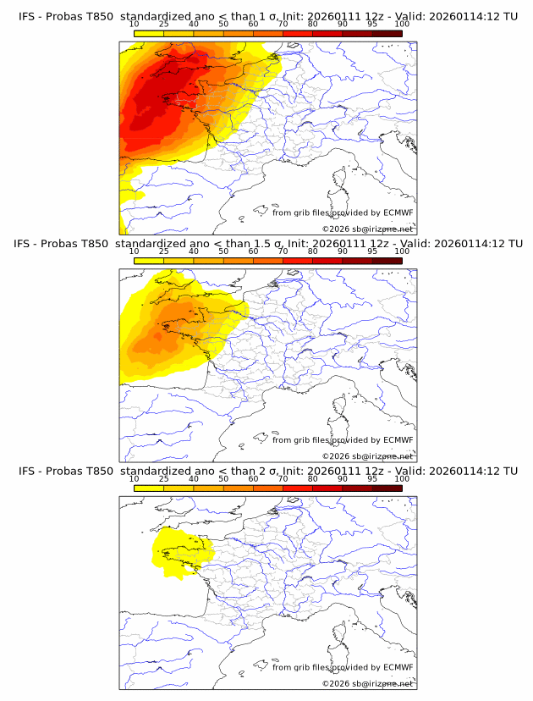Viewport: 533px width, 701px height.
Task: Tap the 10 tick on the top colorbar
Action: point(135,24)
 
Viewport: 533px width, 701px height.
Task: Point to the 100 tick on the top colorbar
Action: point(402,24)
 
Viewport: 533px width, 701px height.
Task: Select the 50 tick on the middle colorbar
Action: point(223,251)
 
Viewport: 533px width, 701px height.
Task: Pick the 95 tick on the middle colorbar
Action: point(372,251)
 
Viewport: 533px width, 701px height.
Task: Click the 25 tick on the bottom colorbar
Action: point(164,478)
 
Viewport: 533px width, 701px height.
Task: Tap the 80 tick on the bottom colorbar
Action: point(313,478)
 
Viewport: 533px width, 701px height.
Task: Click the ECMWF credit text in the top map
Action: point(343,213)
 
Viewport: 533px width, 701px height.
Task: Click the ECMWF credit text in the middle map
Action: point(343,440)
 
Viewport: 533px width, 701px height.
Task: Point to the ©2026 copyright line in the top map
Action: point(367,229)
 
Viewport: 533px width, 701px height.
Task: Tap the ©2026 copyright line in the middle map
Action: point(367,456)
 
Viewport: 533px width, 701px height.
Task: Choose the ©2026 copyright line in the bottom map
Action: point(367,683)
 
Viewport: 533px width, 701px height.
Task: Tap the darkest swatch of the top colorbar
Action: point(387,33)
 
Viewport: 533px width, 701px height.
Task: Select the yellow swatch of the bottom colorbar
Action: point(149,488)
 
